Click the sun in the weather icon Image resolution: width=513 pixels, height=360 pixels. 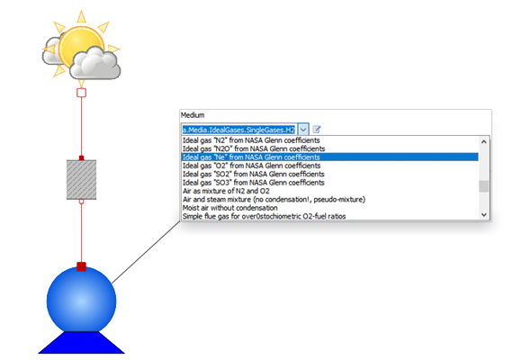81,46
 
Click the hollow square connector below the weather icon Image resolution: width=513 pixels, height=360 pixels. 82,93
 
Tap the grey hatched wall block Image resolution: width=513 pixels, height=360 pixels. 82,180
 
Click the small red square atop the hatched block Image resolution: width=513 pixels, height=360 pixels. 82,158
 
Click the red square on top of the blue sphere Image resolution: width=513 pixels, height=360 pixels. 82,266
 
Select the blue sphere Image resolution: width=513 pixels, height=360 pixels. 82,301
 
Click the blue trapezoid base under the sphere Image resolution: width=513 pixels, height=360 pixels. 82,343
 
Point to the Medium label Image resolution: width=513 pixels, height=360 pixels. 193,115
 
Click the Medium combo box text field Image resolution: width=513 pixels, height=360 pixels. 239,130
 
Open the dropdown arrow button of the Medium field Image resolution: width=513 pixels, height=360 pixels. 303,130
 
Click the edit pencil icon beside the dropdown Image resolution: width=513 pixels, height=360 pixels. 317,130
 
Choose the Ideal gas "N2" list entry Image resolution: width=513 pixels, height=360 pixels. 251,140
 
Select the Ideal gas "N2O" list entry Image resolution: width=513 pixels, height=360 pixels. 254,148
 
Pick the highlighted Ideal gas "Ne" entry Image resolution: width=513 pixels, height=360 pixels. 251,157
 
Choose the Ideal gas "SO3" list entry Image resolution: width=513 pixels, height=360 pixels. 253,183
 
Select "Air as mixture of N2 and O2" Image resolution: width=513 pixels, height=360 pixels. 226,191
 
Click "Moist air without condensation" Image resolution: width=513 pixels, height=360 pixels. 230,208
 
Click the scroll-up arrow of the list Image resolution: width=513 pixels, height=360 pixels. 484,142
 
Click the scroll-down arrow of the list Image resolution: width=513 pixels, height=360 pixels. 484,215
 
